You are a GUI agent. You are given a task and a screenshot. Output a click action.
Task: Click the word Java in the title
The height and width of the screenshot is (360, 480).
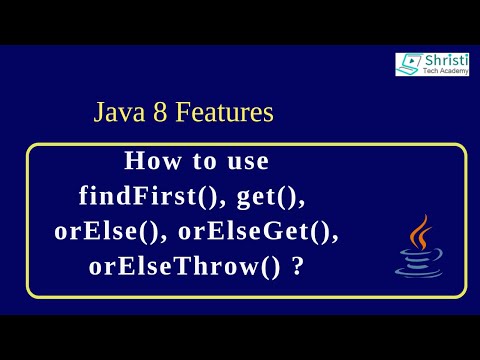pyautogui.click(x=118, y=113)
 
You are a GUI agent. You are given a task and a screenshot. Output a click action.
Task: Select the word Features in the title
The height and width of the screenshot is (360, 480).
pyautogui.click(x=224, y=113)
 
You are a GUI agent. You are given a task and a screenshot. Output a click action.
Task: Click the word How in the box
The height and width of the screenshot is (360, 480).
pyautogui.click(x=148, y=161)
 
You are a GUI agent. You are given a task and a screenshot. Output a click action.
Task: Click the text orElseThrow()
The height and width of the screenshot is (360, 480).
pyautogui.click(x=185, y=267)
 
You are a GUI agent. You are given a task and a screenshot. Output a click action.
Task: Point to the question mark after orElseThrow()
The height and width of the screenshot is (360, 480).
pyautogui.click(x=298, y=267)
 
